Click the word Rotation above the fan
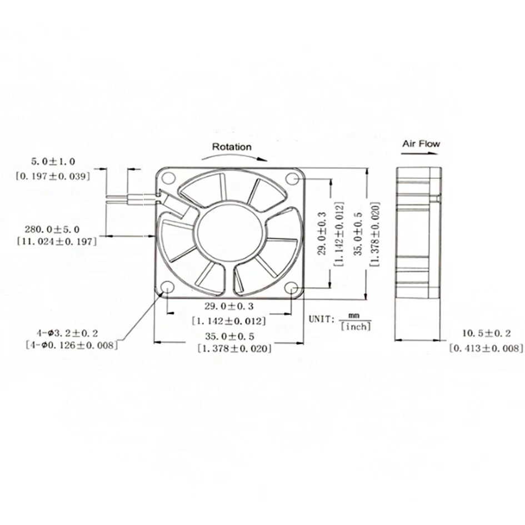click(x=232, y=147)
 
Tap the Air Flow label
click(x=421, y=143)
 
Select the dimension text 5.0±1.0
click(x=53, y=162)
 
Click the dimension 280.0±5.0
click(x=52, y=229)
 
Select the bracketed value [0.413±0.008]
click(x=486, y=348)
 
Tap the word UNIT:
click(x=321, y=319)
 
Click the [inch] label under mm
click(x=355, y=327)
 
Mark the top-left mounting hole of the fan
click(x=169, y=179)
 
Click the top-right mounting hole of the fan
click(x=293, y=178)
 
